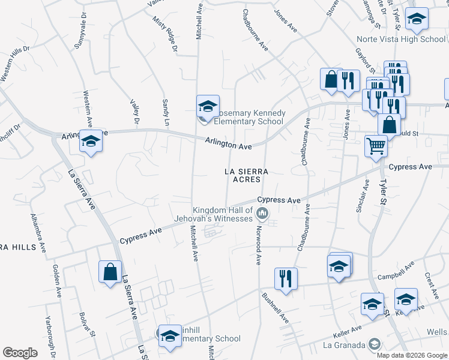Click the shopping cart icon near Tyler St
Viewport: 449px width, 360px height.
[x=376, y=145]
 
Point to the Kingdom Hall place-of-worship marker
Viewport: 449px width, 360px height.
[x=262, y=213]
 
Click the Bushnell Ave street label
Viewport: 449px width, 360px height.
[x=275, y=307]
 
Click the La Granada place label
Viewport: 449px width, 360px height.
[x=344, y=345]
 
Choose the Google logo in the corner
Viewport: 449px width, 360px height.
[x=20, y=353]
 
